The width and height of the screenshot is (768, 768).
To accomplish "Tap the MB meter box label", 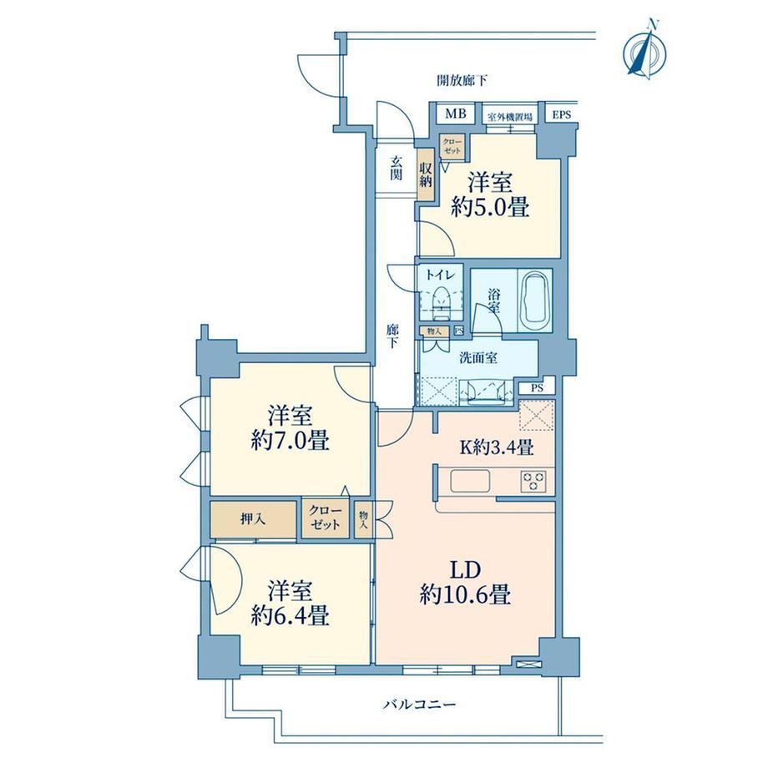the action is click(456, 114).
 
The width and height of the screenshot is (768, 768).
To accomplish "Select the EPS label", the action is click(561, 115).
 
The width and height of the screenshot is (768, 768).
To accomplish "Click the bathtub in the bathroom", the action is click(535, 301).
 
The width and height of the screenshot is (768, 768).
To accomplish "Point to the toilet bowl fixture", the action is click(442, 299).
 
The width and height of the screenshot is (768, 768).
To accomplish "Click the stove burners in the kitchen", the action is click(533, 481).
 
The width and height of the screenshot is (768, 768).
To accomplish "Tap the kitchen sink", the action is click(470, 481).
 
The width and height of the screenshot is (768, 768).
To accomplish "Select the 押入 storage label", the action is click(253, 518).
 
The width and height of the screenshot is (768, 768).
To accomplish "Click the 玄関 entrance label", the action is click(396, 168).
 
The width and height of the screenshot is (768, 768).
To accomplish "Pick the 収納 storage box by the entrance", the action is click(425, 174).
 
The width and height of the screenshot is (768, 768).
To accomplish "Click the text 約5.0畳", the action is click(490, 208).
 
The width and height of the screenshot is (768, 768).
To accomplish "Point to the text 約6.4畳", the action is click(290, 615).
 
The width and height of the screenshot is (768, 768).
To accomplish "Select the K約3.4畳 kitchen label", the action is click(496, 447).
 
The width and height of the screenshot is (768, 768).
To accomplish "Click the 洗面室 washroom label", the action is click(478, 358).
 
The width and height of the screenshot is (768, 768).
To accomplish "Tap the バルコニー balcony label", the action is click(420, 705).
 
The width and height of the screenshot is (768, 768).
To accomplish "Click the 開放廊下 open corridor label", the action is click(462, 80).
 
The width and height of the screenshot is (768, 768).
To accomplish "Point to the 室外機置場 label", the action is click(510, 117).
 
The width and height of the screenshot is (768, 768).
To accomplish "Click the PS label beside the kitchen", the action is click(538, 388).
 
